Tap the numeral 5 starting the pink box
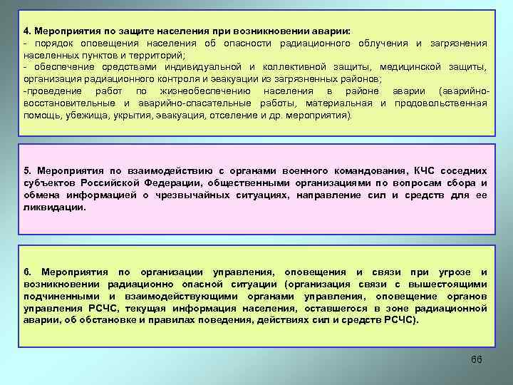point(26,172)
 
